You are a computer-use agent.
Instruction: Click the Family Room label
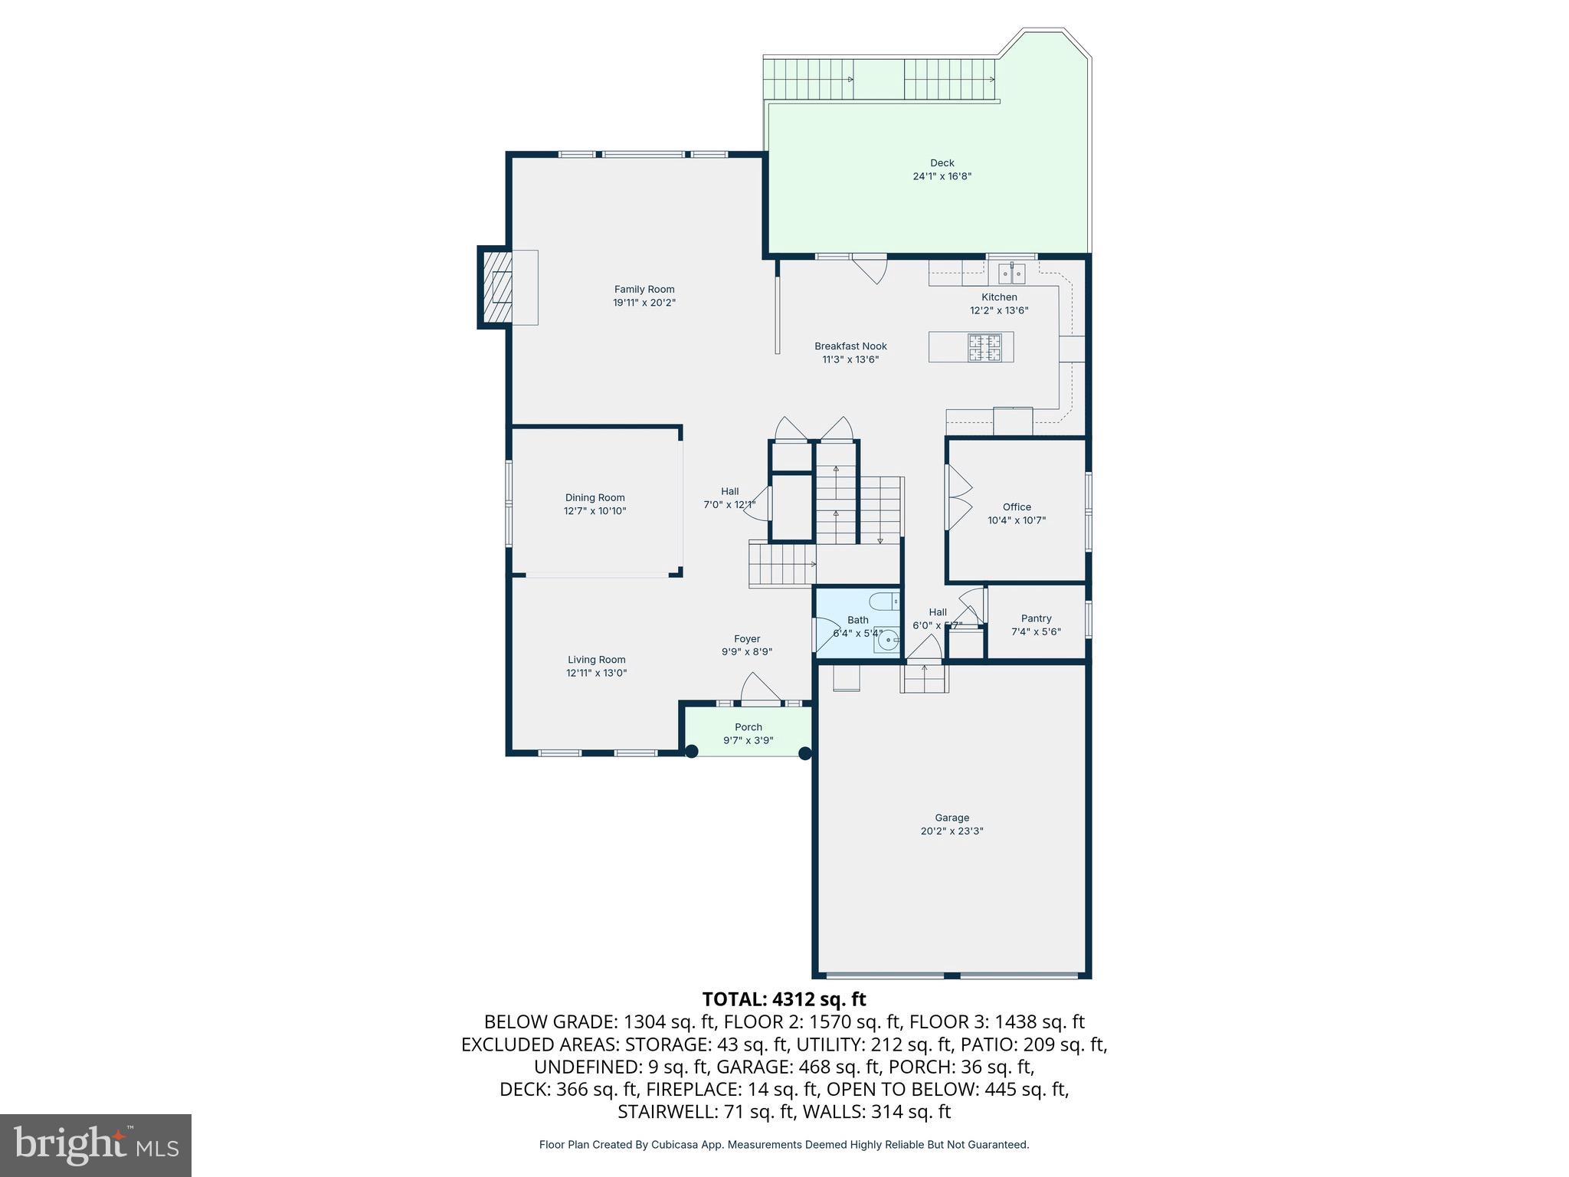point(644,289)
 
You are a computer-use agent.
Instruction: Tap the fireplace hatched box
point(496,287)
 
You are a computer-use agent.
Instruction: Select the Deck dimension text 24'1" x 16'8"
point(942,176)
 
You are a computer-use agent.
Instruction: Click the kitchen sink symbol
point(1012,273)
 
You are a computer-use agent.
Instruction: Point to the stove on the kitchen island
point(984,347)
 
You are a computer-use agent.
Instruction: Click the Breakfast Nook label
point(850,346)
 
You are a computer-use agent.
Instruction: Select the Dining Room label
point(595,497)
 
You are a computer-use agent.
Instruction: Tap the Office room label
point(1017,507)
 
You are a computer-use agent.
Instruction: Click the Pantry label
point(1036,618)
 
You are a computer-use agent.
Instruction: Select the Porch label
point(748,727)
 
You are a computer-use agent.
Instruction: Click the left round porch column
point(691,752)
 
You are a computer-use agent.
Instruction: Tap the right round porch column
point(805,753)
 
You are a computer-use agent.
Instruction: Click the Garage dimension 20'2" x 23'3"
point(952,831)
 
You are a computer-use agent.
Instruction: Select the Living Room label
point(596,660)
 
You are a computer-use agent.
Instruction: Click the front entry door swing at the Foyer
point(758,687)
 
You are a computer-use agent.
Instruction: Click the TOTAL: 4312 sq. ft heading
point(784,999)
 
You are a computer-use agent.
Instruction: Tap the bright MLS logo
point(96,1145)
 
